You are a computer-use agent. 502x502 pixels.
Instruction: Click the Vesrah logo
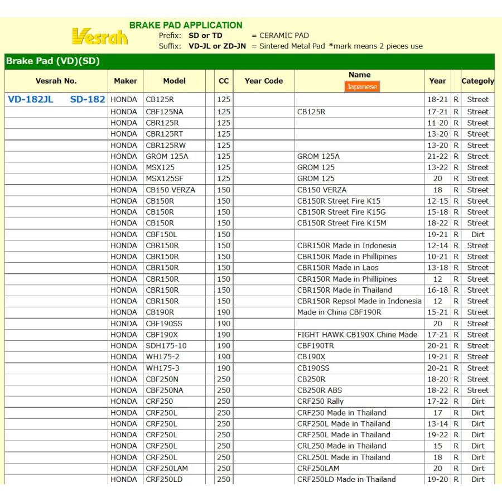[100, 37]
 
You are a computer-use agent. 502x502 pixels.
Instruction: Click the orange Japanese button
[362, 86]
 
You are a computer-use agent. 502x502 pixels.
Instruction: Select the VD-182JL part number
[31, 99]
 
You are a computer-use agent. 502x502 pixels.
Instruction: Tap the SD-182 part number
[88, 99]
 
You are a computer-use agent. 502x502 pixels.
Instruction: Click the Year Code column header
[264, 81]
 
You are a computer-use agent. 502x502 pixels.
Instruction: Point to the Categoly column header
[477, 81]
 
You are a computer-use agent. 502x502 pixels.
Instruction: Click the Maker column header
[126, 81]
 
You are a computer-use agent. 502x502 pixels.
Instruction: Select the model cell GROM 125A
[167, 156]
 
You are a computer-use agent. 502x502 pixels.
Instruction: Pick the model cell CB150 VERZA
[171, 190]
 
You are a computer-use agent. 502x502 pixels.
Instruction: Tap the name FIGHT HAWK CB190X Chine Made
[357, 335]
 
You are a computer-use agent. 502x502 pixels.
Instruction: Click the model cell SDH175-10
[166, 346]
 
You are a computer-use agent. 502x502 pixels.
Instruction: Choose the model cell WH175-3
[162, 368]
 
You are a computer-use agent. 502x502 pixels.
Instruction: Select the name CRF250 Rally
[320, 402]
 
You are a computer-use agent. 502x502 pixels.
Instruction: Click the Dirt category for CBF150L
[477, 234]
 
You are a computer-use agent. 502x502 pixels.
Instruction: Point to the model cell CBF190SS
[164, 324]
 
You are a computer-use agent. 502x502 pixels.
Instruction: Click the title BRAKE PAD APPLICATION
[186, 25]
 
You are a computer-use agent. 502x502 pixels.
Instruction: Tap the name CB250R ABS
[319, 390]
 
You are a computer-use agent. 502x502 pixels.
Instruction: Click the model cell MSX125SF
[164, 178]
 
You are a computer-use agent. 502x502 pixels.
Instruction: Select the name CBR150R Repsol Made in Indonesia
[359, 301]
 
